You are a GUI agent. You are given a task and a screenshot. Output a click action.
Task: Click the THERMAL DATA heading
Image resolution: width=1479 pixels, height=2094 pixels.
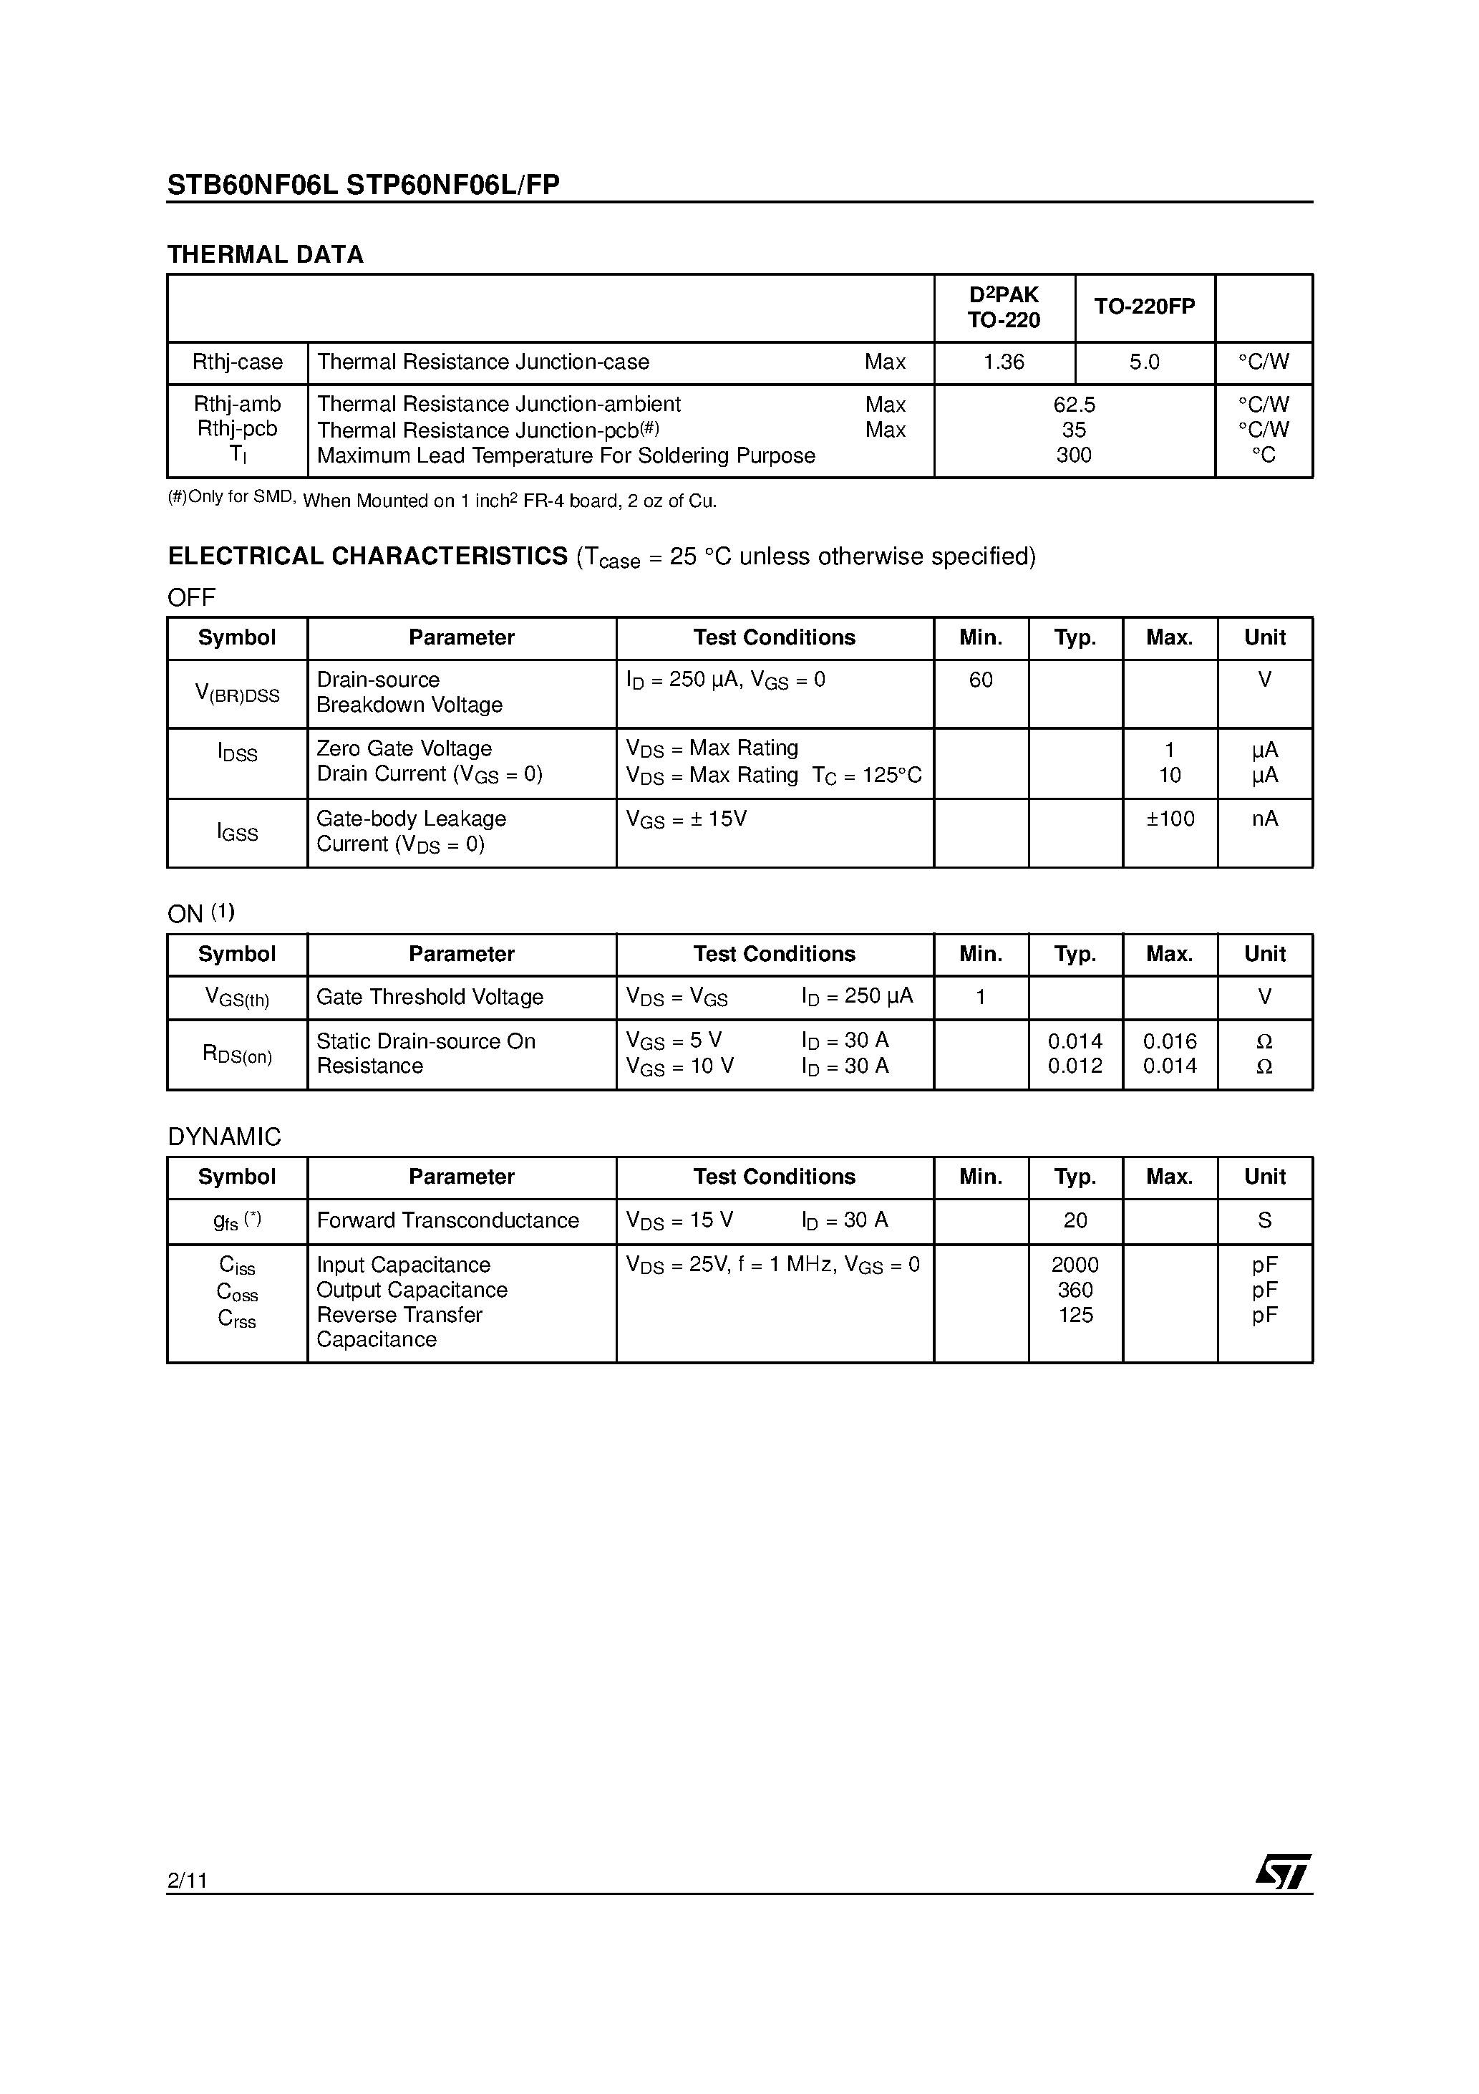(x=266, y=254)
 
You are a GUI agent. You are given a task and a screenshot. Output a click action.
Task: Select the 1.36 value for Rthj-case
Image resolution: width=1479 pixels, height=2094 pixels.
(x=1003, y=362)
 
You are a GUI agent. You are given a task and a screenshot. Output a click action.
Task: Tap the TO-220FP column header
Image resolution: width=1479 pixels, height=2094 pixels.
(x=1145, y=307)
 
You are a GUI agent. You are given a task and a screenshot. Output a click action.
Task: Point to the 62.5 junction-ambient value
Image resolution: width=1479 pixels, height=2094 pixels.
(x=1074, y=404)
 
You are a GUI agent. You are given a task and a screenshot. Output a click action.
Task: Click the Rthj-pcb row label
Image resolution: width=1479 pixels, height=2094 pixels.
(x=237, y=429)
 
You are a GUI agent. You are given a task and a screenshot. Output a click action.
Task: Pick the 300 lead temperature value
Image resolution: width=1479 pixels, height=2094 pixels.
(x=1074, y=455)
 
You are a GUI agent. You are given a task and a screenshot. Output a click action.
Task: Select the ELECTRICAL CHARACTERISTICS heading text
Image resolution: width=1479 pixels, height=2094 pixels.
(x=367, y=556)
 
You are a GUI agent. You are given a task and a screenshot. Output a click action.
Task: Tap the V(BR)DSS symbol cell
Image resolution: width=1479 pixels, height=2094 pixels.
(x=237, y=694)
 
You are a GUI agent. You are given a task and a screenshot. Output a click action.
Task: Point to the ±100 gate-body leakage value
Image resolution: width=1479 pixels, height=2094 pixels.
(x=1170, y=819)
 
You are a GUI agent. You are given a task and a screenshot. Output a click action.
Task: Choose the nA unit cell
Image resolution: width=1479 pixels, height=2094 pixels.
(x=1265, y=819)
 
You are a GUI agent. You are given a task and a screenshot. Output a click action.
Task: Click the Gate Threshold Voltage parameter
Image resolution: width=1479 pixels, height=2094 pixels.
(x=430, y=997)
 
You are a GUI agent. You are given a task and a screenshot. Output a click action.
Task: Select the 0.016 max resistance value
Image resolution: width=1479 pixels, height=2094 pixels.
(x=1170, y=1041)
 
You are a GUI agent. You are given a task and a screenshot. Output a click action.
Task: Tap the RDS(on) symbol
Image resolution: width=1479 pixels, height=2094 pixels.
(x=237, y=1055)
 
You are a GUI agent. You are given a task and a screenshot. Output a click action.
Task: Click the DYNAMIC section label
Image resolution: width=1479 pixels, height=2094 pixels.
(x=224, y=1137)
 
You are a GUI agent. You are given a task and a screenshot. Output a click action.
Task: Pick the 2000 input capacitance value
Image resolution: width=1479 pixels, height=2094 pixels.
(x=1075, y=1265)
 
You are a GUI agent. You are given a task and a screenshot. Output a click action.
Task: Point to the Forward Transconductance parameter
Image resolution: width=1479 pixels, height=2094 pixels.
(x=447, y=1220)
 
